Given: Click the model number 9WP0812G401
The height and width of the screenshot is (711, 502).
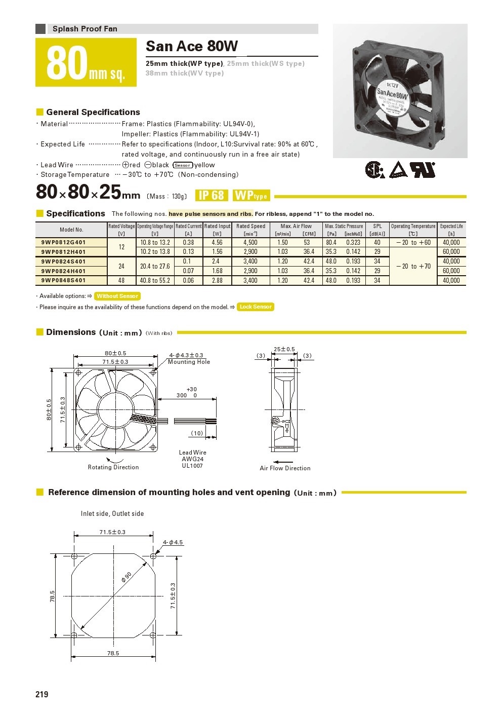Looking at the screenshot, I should pos(63,242).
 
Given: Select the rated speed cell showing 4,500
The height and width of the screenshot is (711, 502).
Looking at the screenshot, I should pos(250,242).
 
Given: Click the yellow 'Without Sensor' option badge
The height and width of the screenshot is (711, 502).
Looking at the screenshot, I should pos(117,296).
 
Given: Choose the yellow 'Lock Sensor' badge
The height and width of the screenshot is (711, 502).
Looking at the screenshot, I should pos(256,307).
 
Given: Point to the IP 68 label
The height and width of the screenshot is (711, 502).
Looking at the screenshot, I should pos(211,196).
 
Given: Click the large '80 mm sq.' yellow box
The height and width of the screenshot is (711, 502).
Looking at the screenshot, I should pos(86,63).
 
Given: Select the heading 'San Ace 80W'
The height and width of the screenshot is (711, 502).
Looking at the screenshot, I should pos(192,47).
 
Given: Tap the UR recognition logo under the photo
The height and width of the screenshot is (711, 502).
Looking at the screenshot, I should pos(422,170).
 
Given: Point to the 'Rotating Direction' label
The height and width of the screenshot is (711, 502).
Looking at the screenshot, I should pos(113,467).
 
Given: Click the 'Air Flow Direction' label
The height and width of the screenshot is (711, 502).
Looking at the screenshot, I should pos(285,468).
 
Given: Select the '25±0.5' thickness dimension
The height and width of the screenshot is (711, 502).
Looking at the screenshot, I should pos(284,349).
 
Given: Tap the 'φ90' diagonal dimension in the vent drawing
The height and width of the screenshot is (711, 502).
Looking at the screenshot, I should pos(127,577).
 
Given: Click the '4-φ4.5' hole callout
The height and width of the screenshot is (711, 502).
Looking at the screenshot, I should pos(173,542).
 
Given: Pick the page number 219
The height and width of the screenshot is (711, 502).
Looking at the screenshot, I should pos(42,694).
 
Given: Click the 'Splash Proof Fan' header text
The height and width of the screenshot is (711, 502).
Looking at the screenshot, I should pos(85,29).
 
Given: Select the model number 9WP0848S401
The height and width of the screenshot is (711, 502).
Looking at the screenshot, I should pos(63,280).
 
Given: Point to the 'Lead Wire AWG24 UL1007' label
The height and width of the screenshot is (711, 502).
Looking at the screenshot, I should pos(192,459).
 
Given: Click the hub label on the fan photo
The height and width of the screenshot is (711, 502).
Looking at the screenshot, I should pos(391,95).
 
